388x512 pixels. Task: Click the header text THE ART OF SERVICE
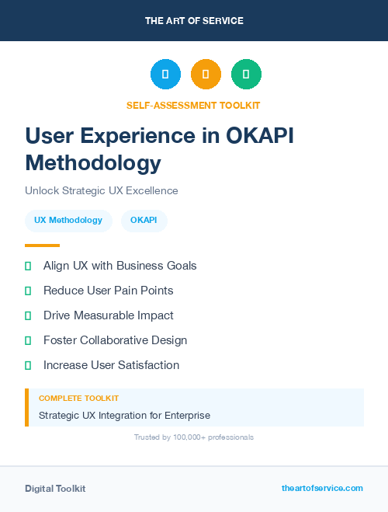tap(194, 21)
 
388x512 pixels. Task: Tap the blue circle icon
tap(165, 75)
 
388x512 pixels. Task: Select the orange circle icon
tap(206, 75)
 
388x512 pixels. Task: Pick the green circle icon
tap(246, 75)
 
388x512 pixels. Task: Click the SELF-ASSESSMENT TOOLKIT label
tap(193, 105)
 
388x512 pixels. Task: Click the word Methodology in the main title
tap(93, 163)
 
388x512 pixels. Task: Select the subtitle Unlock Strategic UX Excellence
tap(102, 190)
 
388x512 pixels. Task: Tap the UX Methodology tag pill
tap(68, 221)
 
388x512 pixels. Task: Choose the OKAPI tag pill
tap(144, 221)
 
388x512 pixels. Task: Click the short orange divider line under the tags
tap(42, 246)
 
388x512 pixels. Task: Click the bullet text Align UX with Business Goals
tap(120, 266)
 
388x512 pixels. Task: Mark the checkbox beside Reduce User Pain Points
tap(28, 291)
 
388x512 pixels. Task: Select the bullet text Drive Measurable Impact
tap(109, 315)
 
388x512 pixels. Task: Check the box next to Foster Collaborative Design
tap(28, 340)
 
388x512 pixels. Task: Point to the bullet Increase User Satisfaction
tap(111, 365)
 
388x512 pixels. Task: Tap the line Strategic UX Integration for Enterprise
tap(124, 416)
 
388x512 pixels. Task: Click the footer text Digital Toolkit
tap(55, 489)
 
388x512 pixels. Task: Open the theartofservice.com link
tap(322, 488)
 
